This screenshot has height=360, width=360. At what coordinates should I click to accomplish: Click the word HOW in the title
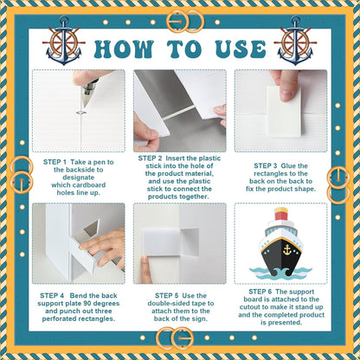[123, 48]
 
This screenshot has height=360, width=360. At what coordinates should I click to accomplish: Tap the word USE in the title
[241, 48]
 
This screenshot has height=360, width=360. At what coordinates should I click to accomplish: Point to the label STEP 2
[150, 158]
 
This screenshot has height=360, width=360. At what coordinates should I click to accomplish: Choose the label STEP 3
[266, 166]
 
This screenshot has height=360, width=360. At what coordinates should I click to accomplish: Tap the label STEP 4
[52, 296]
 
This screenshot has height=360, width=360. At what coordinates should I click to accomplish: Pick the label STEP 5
[167, 296]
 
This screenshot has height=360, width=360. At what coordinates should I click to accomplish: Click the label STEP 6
[260, 292]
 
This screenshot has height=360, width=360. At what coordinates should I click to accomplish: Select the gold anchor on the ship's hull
[287, 250]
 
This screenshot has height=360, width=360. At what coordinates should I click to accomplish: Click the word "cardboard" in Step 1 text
[88, 185]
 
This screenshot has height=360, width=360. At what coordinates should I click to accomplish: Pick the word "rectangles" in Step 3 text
[273, 174]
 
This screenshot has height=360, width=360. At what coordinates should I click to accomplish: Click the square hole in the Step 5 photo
[190, 242]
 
